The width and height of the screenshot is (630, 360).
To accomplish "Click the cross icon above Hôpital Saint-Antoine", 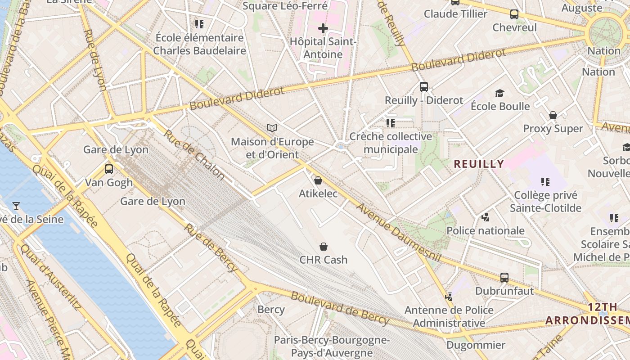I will pyautogui.click(x=323, y=29).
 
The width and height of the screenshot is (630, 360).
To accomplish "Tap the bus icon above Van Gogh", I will pyautogui.click(x=108, y=169).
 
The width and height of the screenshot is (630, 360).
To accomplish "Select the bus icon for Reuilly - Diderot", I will pyautogui.click(x=423, y=87).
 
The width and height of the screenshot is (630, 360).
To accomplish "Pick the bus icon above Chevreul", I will pyautogui.click(x=514, y=14).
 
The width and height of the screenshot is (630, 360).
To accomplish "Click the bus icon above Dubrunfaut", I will pyautogui.click(x=504, y=277).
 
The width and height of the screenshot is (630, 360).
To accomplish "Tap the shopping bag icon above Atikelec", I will pyautogui.click(x=318, y=180).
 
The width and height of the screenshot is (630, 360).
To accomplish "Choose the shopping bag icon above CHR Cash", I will pyautogui.click(x=323, y=247).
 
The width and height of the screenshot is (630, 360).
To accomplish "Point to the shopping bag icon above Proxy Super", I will pyautogui.click(x=553, y=116).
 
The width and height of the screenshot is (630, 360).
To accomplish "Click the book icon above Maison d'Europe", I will pyautogui.click(x=272, y=128).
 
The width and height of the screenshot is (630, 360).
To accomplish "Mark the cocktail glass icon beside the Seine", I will pyautogui.click(x=16, y=206).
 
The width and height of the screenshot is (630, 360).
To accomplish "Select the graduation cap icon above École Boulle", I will pyautogui.click(x=499, y=93).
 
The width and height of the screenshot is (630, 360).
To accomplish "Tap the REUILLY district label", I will pyautogui.click(x=479, y=164).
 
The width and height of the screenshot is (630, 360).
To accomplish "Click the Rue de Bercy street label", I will pyautogui.click(x=210, y=247).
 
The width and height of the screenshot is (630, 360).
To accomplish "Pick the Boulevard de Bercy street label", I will pyautogui.click(x=340, y=308).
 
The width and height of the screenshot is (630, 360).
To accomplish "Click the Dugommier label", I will pyautogui.click(x=476, y=345).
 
